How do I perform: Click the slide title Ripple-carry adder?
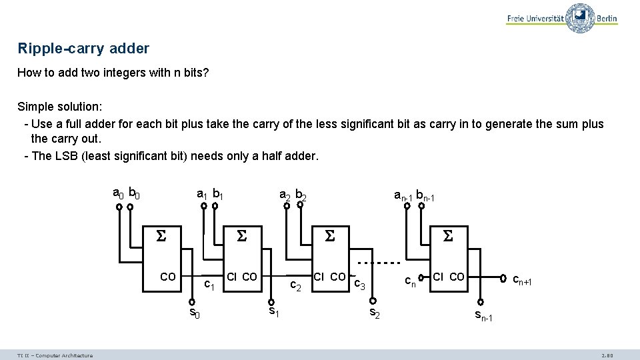(83, 49)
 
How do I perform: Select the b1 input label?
(217, 194)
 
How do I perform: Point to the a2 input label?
(285, 195)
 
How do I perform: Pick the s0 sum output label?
(194, 313)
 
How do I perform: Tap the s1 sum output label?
(273, 311)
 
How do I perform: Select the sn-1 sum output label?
(483, 315)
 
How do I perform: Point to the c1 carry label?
(209, 285)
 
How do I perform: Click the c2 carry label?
(297, 285)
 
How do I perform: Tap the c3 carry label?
(359, 285)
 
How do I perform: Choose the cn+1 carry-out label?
(522, 281)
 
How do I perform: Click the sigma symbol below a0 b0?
(160, 236)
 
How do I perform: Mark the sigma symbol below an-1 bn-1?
(448, 236)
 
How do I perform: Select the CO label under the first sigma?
(168, 276)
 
